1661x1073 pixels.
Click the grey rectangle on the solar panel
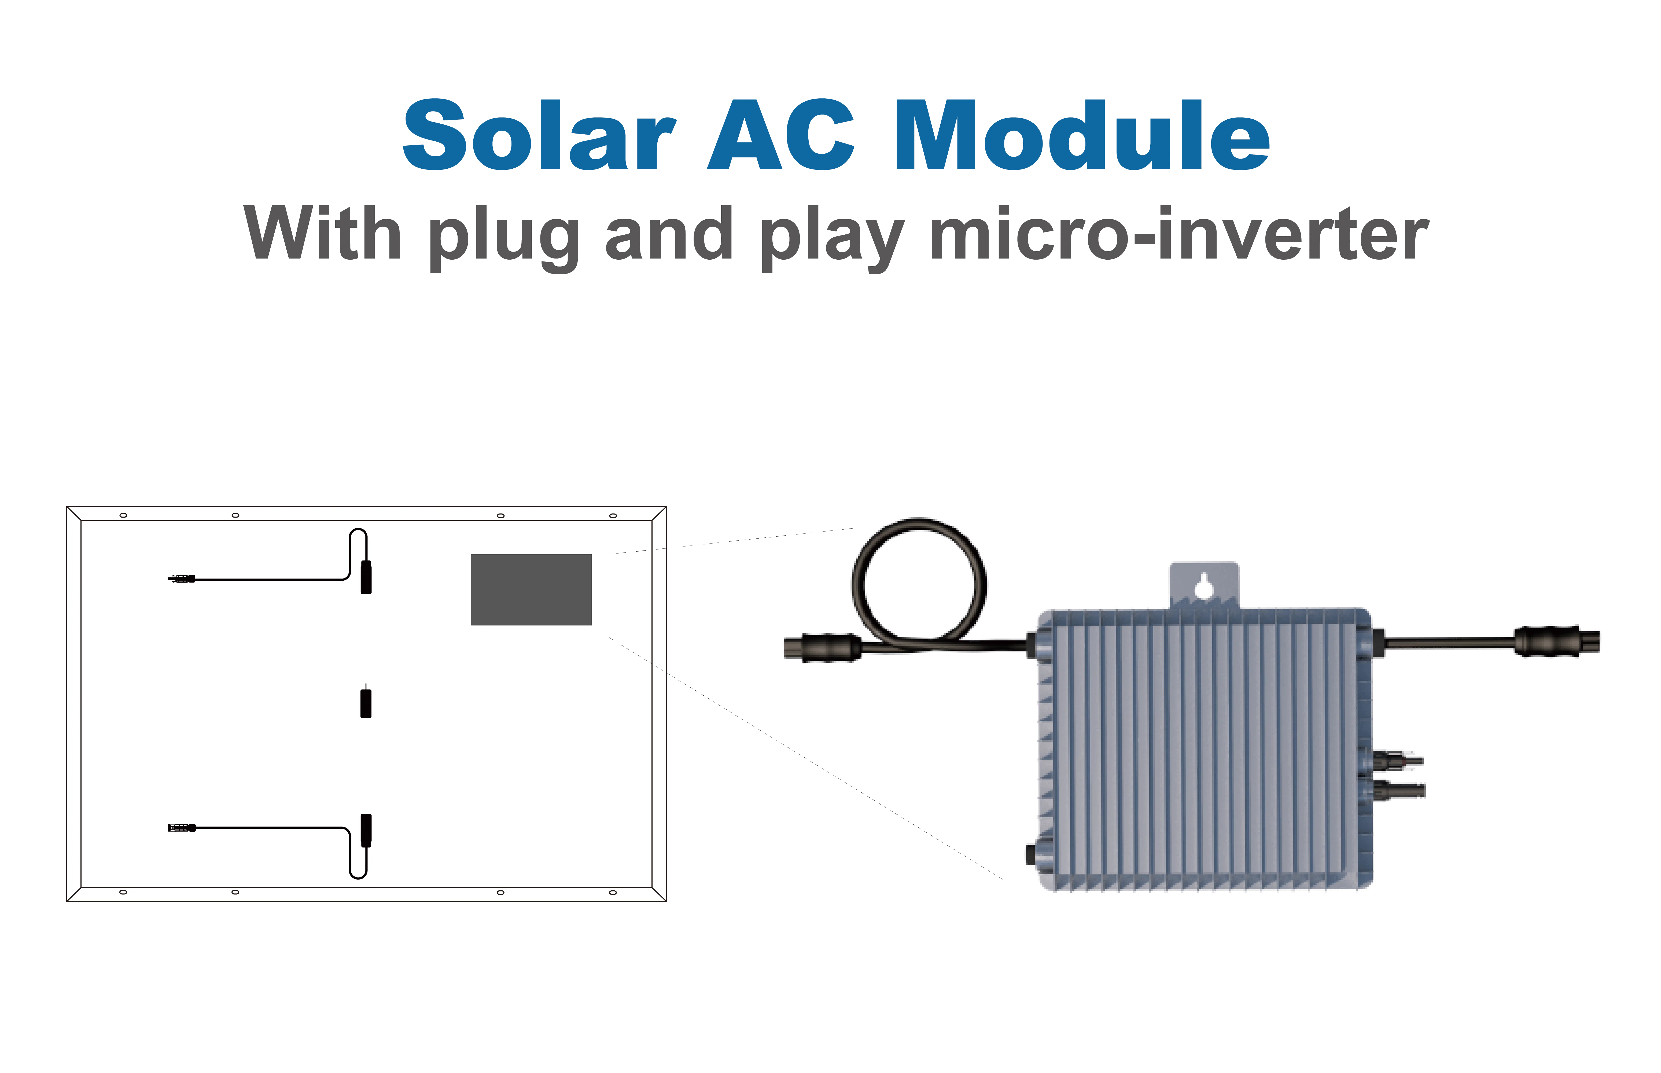(x=531, y=589)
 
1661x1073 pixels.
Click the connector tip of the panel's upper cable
(x=181, y=578)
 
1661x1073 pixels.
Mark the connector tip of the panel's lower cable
(x=181, y=828)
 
